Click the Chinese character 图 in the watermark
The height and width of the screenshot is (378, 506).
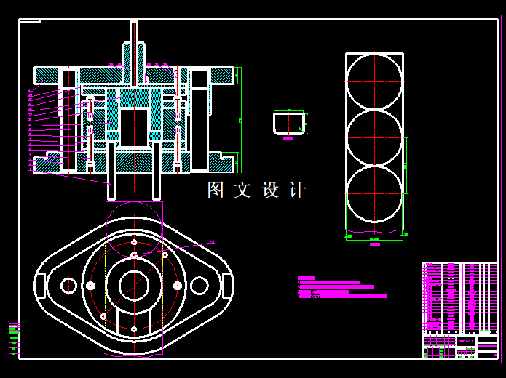216,190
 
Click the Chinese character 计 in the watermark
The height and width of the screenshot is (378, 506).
297,190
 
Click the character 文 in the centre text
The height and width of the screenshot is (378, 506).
242,190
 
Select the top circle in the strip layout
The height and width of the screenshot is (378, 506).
374,81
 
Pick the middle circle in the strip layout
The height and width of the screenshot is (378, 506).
374,137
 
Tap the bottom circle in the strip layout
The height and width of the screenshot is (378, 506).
374,195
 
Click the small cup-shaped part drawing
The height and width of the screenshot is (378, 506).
290,123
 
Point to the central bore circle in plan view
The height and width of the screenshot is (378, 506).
134,286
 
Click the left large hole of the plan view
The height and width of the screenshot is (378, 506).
69,286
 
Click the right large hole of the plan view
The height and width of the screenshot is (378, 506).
199,286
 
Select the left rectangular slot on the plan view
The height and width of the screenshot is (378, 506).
41,286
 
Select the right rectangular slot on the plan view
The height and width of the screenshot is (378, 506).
227,286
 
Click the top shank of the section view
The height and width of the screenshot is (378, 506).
134,44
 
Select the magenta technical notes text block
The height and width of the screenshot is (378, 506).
339,287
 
